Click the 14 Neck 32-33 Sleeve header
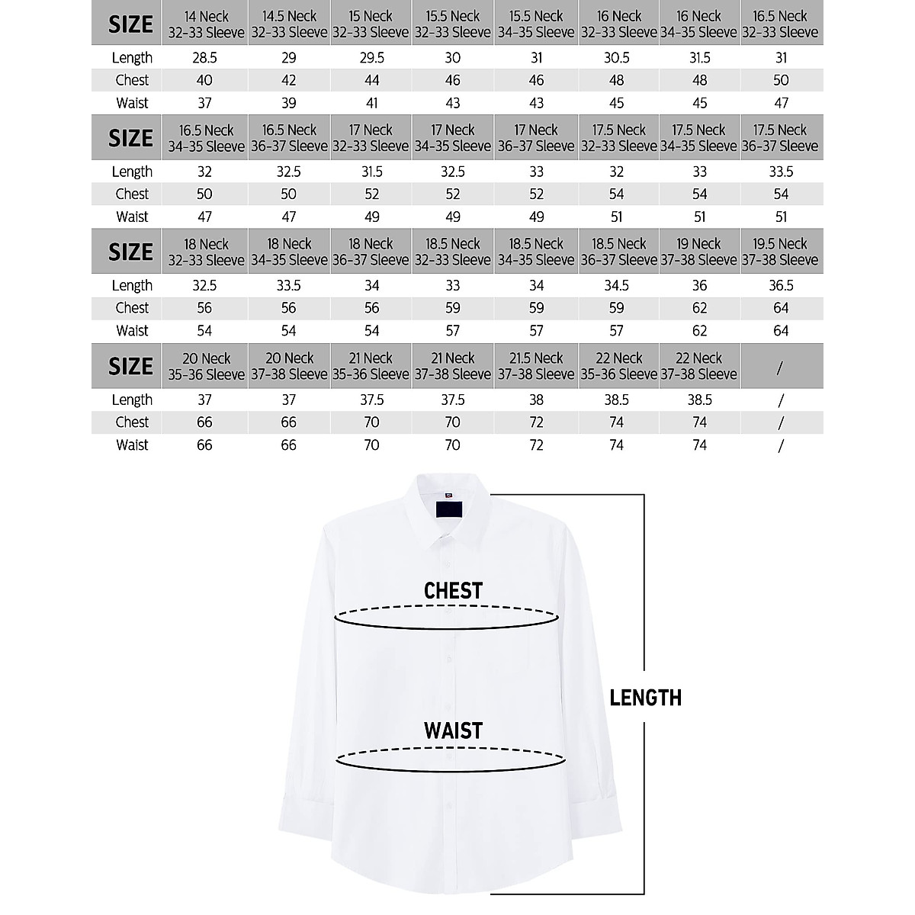tap(205, 24)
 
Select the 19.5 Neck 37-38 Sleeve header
tap(780, 252)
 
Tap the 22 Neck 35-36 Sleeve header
tap(618, 366)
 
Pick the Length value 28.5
tap(204, 58)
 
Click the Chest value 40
tap(204, 80)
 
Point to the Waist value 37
tap(204, 103)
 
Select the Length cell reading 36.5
tap(780, 285)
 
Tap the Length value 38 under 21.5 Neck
tap(536, 400)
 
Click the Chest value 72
tap(536, 422)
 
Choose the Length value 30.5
tap(617, 58)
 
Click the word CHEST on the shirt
tap(453, 591)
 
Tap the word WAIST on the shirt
tap(453, 731)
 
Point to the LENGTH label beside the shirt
tap(645, 698)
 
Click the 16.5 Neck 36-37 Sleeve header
tap(288, 138)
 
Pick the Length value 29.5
tap(371, 58)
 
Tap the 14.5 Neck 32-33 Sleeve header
tap(288, 24)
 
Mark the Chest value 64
tap(780, 308)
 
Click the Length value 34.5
tap(617, 285)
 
